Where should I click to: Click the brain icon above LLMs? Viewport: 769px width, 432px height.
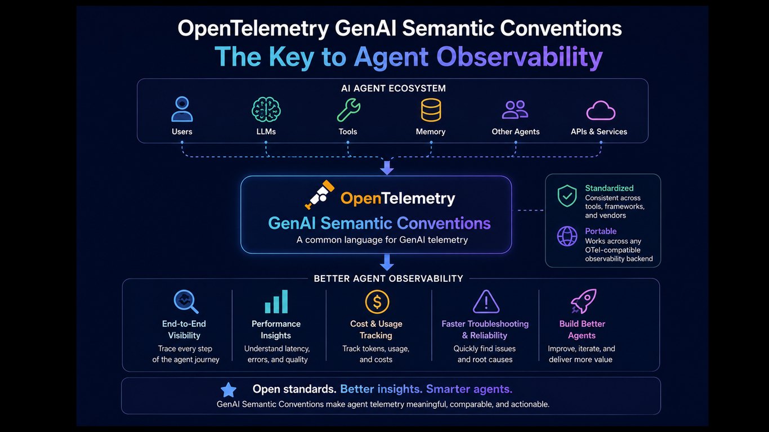pos(266,110)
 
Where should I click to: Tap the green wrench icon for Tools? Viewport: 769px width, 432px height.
pos(348,110)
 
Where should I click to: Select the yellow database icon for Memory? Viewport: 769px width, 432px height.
pos(431,110)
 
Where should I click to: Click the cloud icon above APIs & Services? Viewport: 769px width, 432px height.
pos(601,110)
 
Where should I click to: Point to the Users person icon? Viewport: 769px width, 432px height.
pos(182,109)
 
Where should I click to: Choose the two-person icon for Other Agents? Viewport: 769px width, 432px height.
pos(515,110)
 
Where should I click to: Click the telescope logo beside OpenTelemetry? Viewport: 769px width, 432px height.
pos(320,195)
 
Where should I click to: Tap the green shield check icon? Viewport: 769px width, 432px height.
pos(567,196)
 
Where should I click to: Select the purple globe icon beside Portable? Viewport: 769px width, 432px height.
pos(567,236)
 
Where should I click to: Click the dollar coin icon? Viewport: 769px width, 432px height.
pos(377,302)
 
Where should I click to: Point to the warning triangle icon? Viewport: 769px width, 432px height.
pos(486,301)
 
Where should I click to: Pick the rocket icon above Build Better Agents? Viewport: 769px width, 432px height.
pos(583,301)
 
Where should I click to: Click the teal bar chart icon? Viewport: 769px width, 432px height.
pos(276,301)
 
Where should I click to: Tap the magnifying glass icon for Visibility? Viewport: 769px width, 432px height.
pos(186,301)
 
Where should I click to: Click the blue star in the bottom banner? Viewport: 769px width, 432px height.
pos(229,390)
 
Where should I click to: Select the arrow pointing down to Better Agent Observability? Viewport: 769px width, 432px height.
pos(387,262)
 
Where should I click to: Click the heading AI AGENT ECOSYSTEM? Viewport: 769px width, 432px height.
pos(394,88)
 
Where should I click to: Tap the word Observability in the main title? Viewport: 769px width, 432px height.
pos(520,57)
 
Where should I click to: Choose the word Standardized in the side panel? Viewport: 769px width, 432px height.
pos(609,188)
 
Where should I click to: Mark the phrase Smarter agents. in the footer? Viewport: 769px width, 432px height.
pos(470,389)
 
